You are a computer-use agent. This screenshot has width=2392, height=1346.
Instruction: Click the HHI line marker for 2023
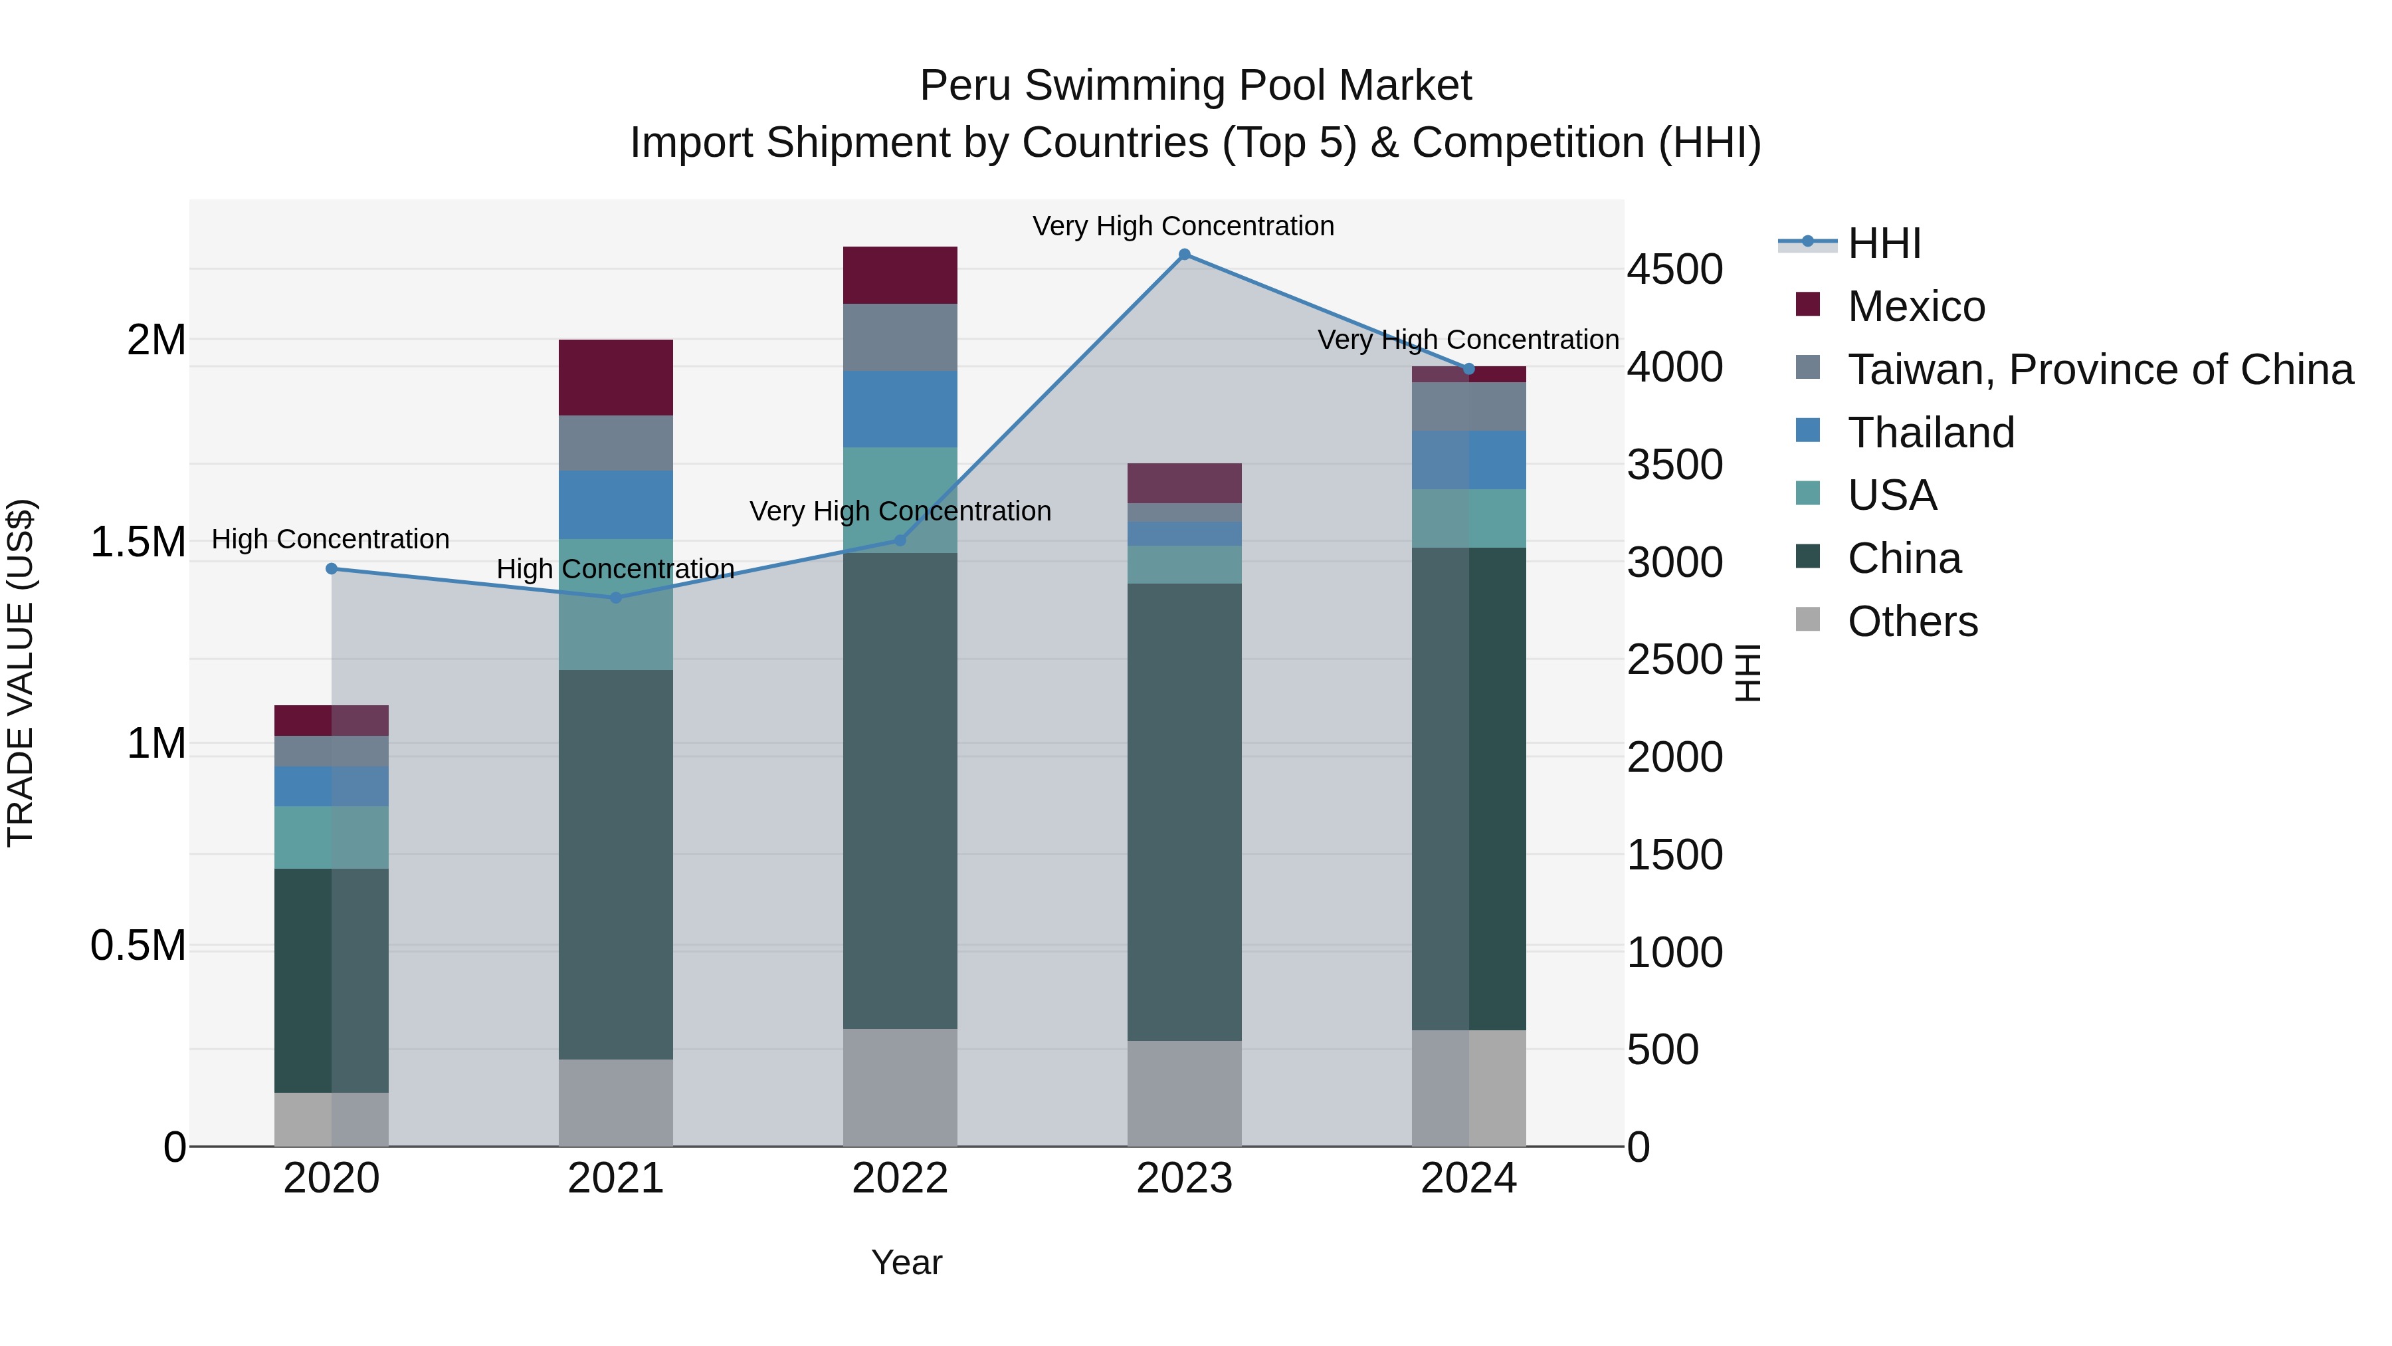[1184, 255]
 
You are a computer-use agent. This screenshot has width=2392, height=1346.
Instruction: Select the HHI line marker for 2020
[332, 568]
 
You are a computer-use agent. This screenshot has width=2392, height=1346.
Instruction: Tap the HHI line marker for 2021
[616, 598]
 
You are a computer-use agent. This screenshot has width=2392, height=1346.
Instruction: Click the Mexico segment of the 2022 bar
[900, 275]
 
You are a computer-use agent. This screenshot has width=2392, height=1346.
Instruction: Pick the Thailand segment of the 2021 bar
[616, 505]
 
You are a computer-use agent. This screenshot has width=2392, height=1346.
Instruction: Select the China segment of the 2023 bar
[1184, 811]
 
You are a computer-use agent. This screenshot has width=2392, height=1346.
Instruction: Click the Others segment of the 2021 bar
[616, 1103]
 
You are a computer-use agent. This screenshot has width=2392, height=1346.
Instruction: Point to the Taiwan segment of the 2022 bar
[900, 337]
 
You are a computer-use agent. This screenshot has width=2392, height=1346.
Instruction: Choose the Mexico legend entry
[1916, 306]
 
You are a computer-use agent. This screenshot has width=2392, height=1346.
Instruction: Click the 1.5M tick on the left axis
[138, 542]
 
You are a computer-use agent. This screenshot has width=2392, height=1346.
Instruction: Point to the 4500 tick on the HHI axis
[1674, 269]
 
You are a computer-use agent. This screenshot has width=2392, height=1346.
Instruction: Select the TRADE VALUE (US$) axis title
[21, 673]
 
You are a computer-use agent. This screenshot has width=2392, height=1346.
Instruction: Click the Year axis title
[906, 1262]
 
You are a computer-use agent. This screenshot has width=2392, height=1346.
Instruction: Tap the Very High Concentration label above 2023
[1183, 226]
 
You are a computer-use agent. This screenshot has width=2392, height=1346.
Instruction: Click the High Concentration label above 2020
[331, 539]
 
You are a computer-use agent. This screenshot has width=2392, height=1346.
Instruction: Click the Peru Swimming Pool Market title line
[1195, 86]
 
